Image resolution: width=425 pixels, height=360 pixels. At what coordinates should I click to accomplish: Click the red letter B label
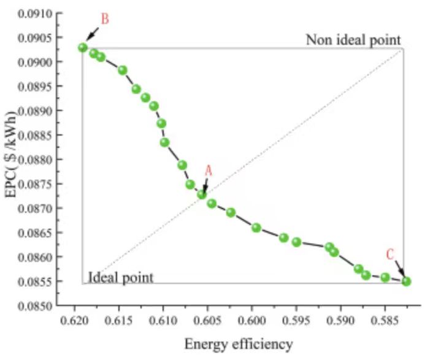click(105, 19)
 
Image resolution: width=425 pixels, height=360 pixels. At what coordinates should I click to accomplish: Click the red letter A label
click(208, 171)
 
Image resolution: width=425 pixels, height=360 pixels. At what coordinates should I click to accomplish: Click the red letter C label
click(391, 255)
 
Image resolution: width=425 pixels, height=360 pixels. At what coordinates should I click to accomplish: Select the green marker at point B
click(83, 47)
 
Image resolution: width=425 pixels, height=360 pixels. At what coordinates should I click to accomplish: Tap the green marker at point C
click(406, 281)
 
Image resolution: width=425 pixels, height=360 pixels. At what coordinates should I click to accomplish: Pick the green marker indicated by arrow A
click(202, 194)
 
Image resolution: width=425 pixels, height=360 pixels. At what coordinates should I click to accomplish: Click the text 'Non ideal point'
click(354, 40)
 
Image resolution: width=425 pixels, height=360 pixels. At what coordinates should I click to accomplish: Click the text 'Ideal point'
click(120, 277)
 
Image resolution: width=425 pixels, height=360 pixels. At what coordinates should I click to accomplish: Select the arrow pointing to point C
click(399, 269)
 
